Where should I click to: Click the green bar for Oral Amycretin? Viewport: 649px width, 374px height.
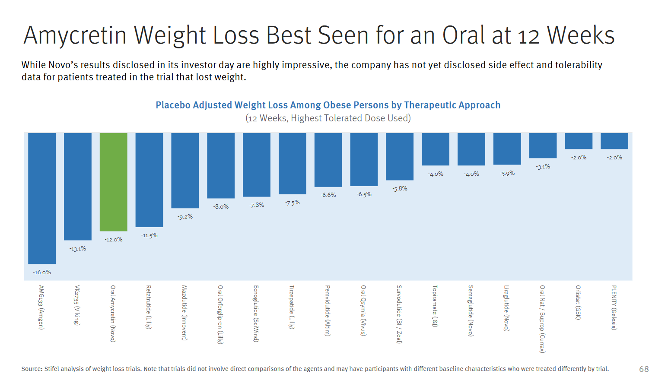[113, 182]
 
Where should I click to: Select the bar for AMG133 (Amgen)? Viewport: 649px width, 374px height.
[42, 198]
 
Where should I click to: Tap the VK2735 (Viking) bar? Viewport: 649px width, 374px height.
[78, 187]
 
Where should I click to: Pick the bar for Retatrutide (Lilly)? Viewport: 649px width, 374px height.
[149, 180]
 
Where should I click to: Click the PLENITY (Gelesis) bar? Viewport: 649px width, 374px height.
[614, 141]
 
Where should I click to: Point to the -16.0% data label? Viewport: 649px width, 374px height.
[42, 272]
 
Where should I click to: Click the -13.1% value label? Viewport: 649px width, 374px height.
[78, 248]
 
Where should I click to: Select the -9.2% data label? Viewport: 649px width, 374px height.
[185, 216]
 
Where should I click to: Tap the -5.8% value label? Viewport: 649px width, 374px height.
[400, 188]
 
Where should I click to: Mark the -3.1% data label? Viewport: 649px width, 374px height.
[543, 166]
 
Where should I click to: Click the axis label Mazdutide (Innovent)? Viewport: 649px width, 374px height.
[184, 313]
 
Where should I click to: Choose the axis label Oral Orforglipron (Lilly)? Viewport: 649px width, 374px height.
[220, 314]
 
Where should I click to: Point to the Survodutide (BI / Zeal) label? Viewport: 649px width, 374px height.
[399, 314]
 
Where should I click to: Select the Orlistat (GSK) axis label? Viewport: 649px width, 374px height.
[578, 302]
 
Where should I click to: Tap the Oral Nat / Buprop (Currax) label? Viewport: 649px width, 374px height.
[542, 319]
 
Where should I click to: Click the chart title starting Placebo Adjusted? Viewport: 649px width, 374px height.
[328, 105]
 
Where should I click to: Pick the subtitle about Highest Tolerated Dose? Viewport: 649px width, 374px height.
[328, 118]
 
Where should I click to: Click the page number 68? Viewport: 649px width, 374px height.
[644, 369]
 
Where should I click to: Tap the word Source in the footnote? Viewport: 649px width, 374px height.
[32, 369]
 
